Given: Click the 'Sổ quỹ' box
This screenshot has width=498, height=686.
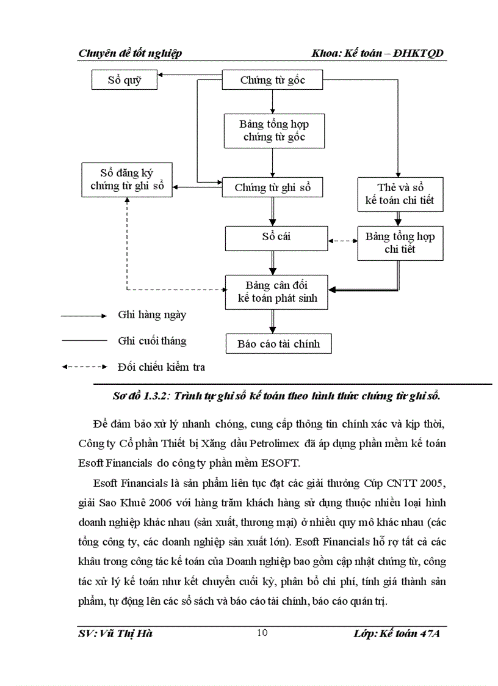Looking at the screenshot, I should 125,80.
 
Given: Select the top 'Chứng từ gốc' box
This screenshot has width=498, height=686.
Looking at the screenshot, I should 272,80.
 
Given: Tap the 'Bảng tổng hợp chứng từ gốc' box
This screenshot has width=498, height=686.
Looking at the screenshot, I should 273,131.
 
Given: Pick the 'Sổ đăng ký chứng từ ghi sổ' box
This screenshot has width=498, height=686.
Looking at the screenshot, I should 127,180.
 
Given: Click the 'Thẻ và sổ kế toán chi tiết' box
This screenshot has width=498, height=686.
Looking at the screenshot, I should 400,193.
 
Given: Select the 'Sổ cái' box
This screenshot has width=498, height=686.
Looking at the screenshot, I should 273,236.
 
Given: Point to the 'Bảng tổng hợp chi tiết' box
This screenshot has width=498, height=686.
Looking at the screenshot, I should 400,243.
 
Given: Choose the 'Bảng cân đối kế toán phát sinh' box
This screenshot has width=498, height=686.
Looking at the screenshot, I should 277,293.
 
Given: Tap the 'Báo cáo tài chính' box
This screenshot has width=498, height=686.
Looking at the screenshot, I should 278,344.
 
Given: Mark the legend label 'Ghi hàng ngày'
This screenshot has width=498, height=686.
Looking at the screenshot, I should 152,315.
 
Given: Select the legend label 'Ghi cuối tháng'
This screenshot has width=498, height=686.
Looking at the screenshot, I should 152,341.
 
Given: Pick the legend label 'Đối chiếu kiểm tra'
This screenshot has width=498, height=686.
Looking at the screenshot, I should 161,367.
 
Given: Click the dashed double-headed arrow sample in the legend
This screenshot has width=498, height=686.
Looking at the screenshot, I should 84,367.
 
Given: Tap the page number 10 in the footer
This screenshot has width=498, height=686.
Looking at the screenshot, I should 262,633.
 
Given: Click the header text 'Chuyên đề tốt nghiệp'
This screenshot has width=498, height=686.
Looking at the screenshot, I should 130,54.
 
